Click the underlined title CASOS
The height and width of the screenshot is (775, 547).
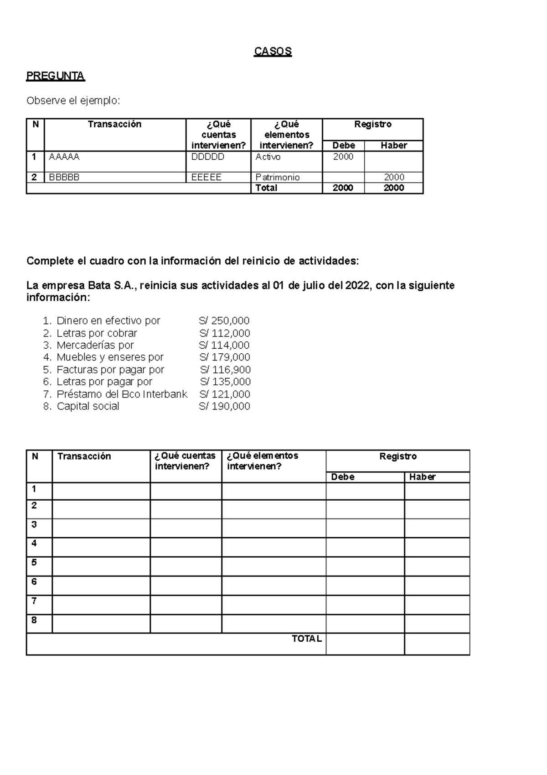click(x=273, y=51)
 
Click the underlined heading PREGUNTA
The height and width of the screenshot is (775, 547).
click(x=55, y=76)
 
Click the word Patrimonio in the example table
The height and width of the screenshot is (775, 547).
click(x=277, y=177)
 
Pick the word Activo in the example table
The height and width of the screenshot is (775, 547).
click(x=268, y=157)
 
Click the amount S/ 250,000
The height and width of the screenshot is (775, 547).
click(x=224, y=320)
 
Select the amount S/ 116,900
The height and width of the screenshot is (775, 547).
click(x=225, y=369)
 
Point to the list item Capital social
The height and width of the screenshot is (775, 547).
click(x=88, y=406)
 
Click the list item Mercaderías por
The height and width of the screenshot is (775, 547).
click(x=95, y=345)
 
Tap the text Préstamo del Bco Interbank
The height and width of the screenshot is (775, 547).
click(x=122, y=394)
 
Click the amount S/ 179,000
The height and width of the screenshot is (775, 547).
click(x=224, y=357)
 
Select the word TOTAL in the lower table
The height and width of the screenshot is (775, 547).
click(x=306, y=639)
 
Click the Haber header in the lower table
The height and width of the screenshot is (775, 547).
click(x=422, y=477)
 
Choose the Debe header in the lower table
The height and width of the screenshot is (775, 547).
click(x=343, y=477)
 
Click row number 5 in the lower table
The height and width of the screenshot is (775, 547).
click(x=34, y=563)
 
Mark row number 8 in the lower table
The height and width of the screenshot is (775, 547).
click(x=34, y=620)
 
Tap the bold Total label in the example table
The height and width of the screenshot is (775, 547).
click(x=266, y=188)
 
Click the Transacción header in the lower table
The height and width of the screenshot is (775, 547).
click(x=84, y=456)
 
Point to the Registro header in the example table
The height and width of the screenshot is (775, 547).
click(x=372, y=124)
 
